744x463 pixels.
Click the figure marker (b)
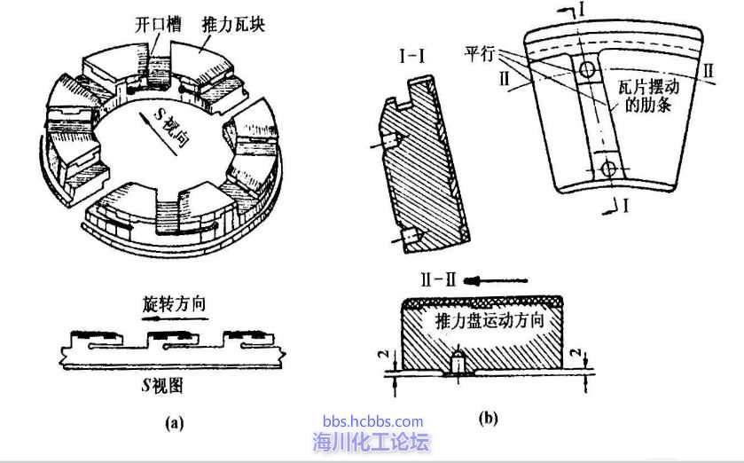tap(488, 417)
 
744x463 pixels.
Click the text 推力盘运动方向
tap(489, 320)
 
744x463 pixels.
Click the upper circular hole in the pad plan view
tap(586, 69)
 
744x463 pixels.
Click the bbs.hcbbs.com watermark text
tap(372, 422)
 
